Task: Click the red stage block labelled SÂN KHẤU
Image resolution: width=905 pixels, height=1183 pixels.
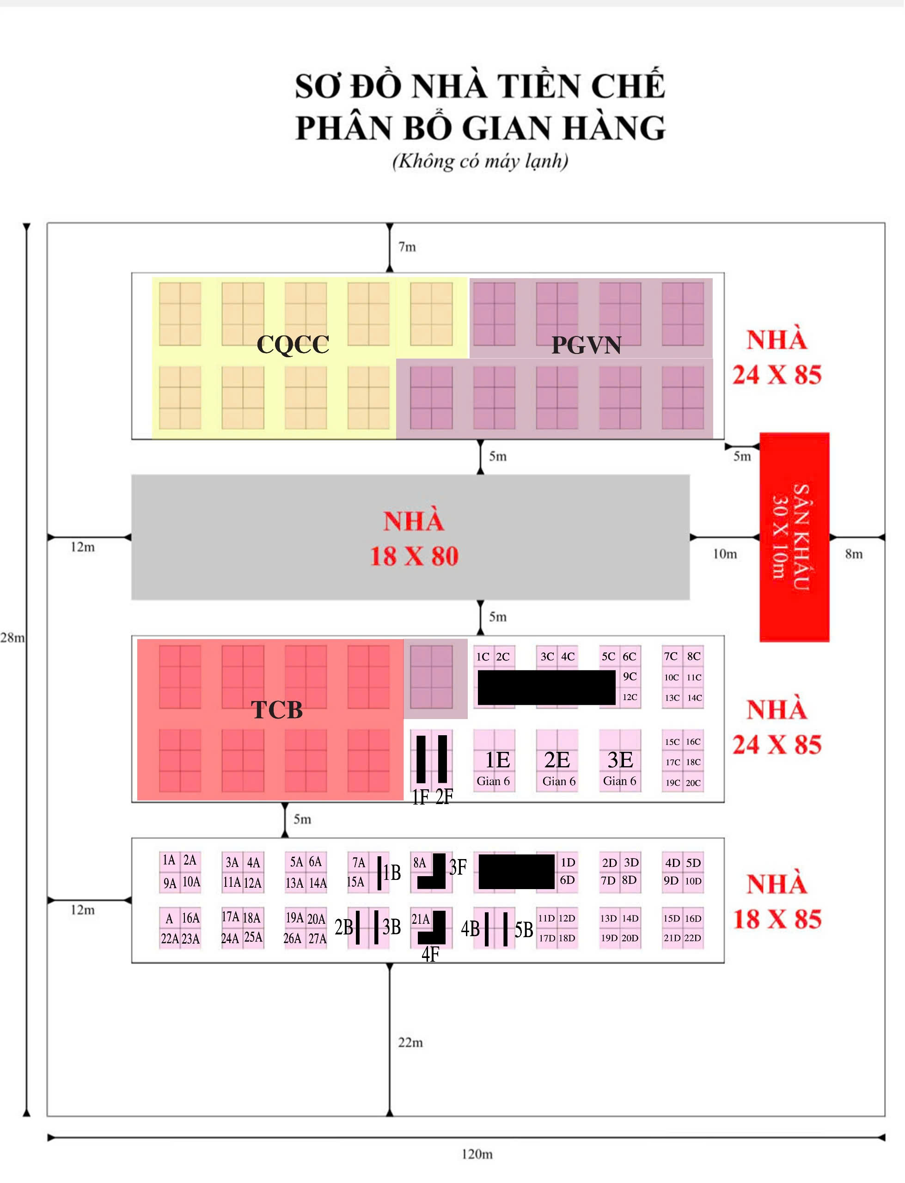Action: pyautogui.click(x=794, y=537)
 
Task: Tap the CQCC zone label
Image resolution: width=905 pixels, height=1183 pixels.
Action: pyautogui.click(x=293, y=345)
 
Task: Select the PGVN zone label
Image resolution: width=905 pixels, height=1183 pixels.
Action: pyautogui.click(x=586, y=345)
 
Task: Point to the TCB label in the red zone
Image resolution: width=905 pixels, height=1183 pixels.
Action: pyautogui.click(x=277, y=710)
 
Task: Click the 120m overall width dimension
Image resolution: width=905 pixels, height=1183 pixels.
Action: pyautogui.click(x=477, y=1154)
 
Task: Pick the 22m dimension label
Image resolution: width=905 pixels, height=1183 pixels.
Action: pyautogui.click(x=410, y=1042)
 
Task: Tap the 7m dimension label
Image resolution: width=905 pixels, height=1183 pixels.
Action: pyautogui.click(x=407, y=247)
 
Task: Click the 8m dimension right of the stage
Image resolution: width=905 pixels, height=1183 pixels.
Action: pyautogui.click(x=854, y=554)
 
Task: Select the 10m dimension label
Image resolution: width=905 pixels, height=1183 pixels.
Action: pyautogui.click(x=725, y=554)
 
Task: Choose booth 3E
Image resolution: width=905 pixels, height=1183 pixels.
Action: pyautogui.click(x=620, y=760)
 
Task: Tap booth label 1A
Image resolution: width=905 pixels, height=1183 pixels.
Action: pyautogui.click(x=169, y=860)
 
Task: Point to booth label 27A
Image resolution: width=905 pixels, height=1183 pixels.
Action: pyautogui.click(x=317, y=939)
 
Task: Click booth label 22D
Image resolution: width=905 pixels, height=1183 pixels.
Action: pyautogui.click(x=693, y=938)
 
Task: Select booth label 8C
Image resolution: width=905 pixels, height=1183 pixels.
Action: pyautogui.click(x=693, y=656)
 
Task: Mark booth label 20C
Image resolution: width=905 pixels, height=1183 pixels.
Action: pyautogui.click(x=693, y=783)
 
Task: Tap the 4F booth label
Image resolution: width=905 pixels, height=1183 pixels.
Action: pyautogui.click(x=430, y=954)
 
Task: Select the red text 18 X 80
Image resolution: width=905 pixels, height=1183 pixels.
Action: pyautogui.click(x=414, y=556)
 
